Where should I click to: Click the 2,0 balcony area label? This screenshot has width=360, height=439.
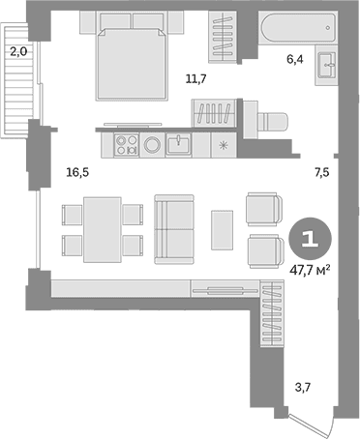tap(18, 51)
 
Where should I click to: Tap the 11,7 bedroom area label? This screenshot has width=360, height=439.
tap(195, 78)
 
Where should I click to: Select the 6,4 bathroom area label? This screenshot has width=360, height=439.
tap(295, 59)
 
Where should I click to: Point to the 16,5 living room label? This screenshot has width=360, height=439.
tap(77, 172)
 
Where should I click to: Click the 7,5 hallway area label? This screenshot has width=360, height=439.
tap(322, 172)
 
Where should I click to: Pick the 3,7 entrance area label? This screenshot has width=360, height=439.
tap(303, 387)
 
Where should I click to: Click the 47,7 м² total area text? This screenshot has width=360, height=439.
tap(310, 271)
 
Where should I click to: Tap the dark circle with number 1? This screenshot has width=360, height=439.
tap(310, 239)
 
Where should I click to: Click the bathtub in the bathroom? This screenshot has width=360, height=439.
tap(298, 28)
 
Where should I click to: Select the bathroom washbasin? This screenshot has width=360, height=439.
tap(327, 65)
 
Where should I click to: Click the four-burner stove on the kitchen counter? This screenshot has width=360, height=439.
tap(127, 145)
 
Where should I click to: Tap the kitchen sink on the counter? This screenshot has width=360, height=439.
tap(178, 144)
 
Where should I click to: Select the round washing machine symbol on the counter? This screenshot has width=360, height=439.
tap(152, 145)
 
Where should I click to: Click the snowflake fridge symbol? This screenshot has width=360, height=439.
tap(223, 146)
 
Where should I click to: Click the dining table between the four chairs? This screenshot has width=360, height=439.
tap(103, 230)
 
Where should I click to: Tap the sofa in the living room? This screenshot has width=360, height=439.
tap(174, 229)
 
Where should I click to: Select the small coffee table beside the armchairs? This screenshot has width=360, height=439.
tap(223, 230)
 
